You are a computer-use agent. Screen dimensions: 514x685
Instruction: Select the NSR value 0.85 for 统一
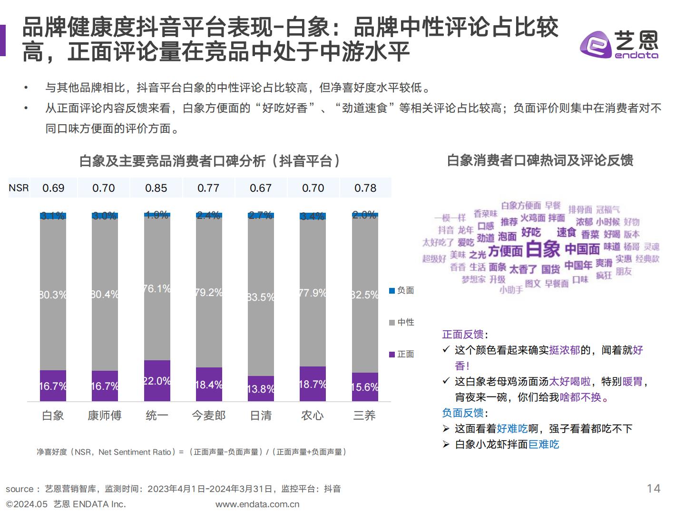pos(156,188)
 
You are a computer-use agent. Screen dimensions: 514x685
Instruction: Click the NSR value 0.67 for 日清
pos(261,188)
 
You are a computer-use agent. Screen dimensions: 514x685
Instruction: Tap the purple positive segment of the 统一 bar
pos(157,381)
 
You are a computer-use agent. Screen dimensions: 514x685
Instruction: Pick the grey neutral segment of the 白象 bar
pos(53,295)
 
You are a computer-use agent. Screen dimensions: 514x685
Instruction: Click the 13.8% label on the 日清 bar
pos(261,389)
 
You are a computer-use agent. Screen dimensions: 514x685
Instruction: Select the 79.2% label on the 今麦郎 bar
pos(209,292)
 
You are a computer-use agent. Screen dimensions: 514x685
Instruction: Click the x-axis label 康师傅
pos(105,415)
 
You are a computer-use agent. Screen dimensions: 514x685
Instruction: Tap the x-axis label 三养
pos(364,415)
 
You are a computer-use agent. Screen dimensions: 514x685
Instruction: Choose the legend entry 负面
pos(401,290)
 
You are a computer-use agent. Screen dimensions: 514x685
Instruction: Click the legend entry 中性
pos(401,322)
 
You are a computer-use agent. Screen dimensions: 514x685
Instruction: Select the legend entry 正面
pos(401,354)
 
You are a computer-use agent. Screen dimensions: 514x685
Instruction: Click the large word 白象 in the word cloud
pos(544,249)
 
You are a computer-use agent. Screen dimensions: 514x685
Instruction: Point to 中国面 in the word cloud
pos(582,249)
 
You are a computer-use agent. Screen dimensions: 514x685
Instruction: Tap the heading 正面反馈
pos(463,335)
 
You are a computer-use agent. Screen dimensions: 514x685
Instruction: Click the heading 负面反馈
pos(463,413)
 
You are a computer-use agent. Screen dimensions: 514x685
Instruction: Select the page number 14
pos(654,488)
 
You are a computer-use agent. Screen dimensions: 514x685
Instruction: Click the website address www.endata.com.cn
pos(257,504)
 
